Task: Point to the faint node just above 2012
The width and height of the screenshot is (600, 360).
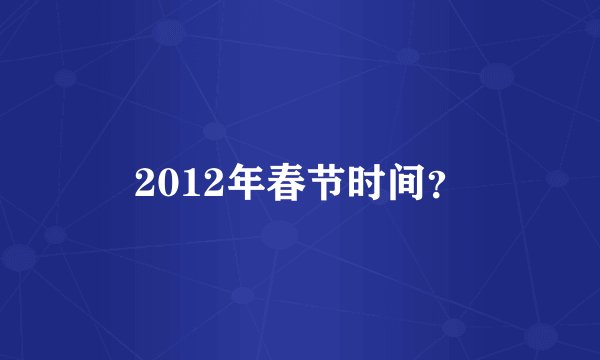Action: [x=214, y=131]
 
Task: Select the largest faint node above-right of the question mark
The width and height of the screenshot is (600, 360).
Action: [x=496, y=75]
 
